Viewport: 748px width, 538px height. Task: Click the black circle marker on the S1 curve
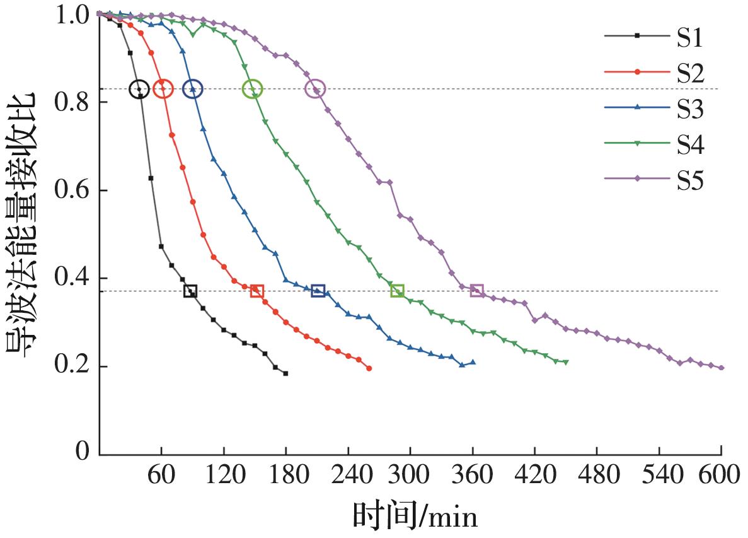139,90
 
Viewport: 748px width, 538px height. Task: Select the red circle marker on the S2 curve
163,90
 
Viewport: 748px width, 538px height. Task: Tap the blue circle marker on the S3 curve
193,90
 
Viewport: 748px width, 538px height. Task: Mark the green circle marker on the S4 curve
252,90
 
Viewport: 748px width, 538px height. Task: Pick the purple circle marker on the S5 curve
315,90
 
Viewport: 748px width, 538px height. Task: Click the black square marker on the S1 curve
190,291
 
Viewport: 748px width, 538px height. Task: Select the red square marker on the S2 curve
256,291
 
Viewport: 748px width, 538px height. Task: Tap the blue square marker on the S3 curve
318,291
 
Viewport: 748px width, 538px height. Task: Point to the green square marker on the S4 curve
397,291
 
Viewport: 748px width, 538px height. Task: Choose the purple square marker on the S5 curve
476,291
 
